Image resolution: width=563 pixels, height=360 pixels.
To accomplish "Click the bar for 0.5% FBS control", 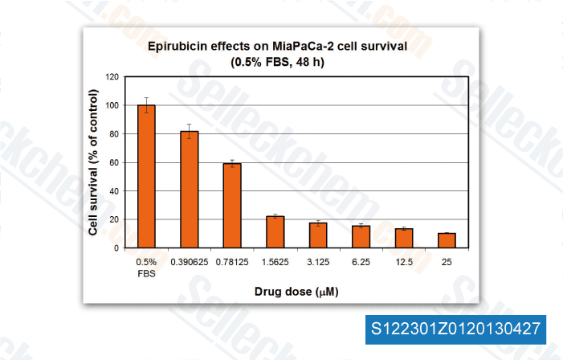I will click(x=146, y=176).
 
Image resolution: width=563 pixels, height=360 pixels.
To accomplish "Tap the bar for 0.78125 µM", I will click(x=231, y=205).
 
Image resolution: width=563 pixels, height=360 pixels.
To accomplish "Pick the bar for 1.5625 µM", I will click(x=275, y=231).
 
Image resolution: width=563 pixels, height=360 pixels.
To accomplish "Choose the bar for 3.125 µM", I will click(x=318, y=235).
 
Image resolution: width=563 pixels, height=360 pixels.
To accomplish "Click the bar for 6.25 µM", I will click(x=361, y=236).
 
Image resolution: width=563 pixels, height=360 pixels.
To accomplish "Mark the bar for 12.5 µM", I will click(x=404, y=238).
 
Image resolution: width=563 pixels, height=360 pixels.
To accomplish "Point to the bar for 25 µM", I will click(x=447, y=240).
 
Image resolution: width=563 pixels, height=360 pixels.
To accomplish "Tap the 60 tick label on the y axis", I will click(x=113, y=162).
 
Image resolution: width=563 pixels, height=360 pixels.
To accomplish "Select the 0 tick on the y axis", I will click(x=116, y=248).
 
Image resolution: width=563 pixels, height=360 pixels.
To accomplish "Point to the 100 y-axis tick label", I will click(x=111, y=105).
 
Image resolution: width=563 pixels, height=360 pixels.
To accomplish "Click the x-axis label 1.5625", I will click(x=275, y=262).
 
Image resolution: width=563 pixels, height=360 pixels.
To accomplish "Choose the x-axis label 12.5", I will click(x=404, y=262).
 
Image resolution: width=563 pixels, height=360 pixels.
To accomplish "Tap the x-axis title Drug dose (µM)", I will click(x=296, y=291).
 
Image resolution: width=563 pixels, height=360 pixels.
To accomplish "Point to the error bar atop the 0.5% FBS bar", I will click(x=146, y=100).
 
